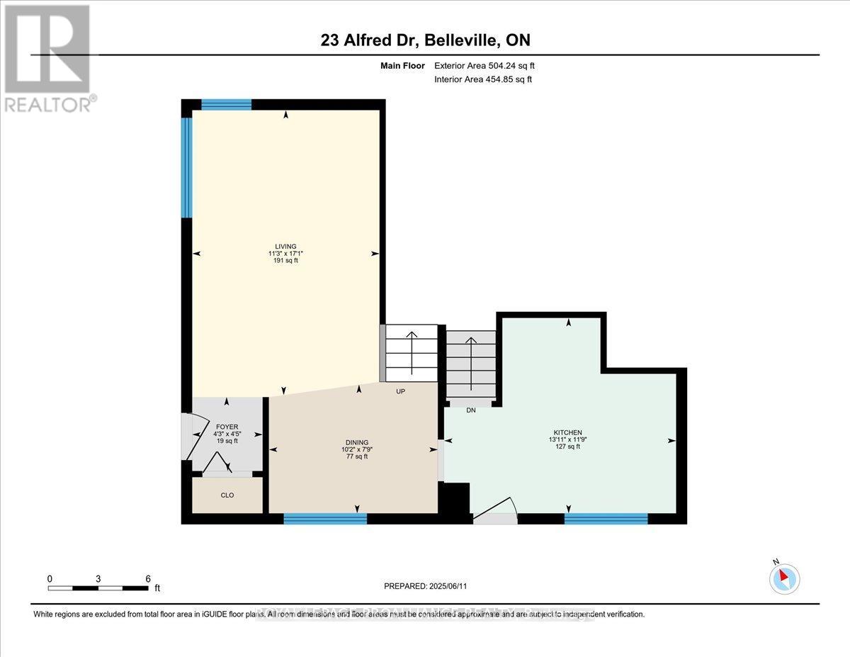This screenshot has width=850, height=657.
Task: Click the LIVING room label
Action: coord(286,247)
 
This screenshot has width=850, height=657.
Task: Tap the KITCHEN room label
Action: coord(567,432)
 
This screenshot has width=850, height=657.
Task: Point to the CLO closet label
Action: coord(227,495)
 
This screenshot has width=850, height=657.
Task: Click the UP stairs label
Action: coord(400,391)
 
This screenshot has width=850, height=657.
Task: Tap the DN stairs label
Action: coord(471,410)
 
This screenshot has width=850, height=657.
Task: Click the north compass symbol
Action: coord(784,578)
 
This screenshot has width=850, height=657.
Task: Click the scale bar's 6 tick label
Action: coord(148,578)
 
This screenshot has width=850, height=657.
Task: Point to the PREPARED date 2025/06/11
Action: coord(425,586)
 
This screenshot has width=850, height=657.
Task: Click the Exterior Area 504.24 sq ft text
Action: coord(484,66)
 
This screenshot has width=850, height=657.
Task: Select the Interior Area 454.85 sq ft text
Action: coord(483,79)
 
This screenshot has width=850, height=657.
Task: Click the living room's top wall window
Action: coord(226,104)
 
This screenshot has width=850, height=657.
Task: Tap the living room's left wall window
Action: coord(187,167)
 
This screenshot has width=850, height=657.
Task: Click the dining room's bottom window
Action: coord(325,519)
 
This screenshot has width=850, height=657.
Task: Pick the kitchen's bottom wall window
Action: coord(606,519)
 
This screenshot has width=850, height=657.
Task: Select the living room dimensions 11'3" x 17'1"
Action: coord(286,254)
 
